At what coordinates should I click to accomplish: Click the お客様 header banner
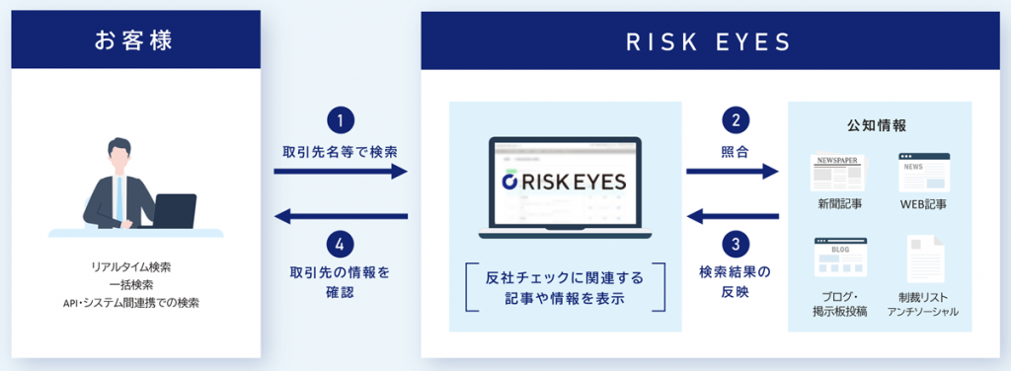coord(137,41)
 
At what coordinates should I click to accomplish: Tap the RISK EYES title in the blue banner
coord(709,41)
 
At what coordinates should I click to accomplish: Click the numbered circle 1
coord(340,121)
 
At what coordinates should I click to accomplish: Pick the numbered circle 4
coord(340,243)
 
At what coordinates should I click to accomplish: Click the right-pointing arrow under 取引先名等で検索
coord(340,172)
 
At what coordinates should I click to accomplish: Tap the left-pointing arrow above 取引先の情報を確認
coord(340,215)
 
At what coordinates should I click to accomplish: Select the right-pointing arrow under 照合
coord(732,172)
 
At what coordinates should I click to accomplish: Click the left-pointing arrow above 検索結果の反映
coord(732,215)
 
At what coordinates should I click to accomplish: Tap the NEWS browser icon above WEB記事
coord(923,172)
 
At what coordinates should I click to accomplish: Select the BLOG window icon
coord(840,257)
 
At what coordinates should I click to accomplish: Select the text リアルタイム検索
coord(137,267)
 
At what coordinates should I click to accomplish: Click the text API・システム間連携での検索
coord(137,301)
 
